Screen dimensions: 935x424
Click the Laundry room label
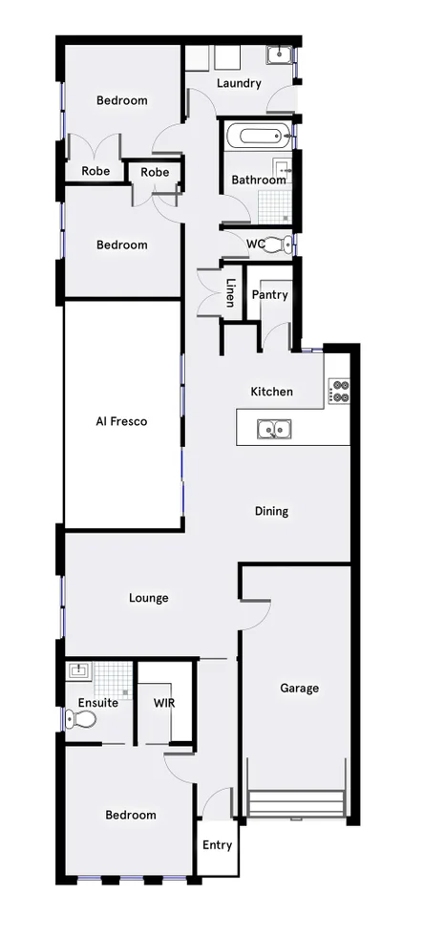click(x=239, y=84)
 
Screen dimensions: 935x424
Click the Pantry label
click(x=269, y=295)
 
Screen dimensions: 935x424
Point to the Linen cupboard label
click(x=230, y=293)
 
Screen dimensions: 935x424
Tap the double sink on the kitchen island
click(x=273, y=430)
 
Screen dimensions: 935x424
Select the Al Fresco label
click(x=121, y=420)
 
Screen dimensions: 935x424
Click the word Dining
click(x=271, y=511)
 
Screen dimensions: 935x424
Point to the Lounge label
click(x=148, y=599)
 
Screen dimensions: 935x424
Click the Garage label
click(x=299, y=688)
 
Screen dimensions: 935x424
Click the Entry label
click(x=217, y=845)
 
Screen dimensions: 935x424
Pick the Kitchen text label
click(x=271, y=392)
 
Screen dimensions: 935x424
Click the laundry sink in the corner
click(x=279, y=55)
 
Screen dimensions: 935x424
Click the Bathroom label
click(x=259, y=180)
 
